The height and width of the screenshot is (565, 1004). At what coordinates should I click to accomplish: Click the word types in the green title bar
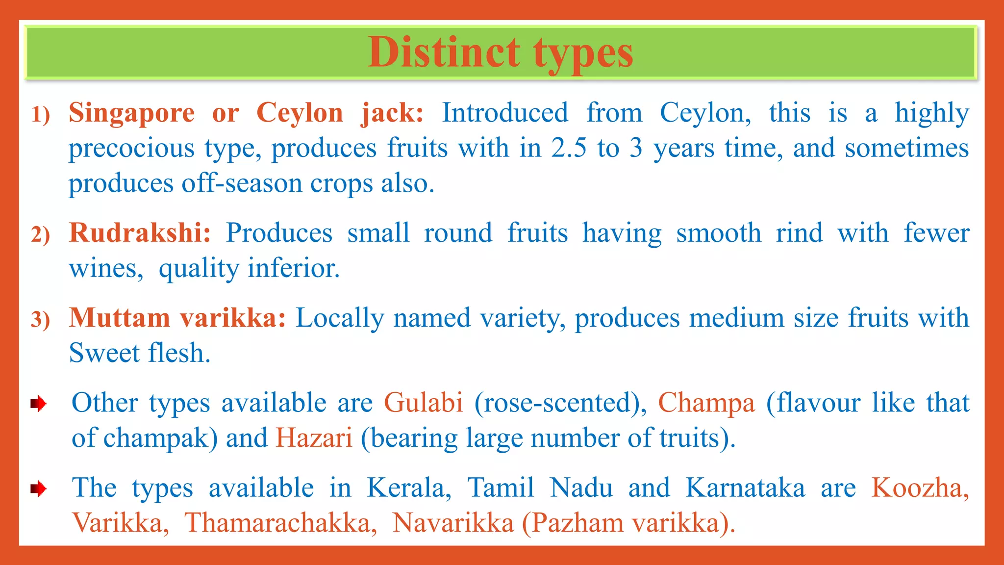pos(583,54)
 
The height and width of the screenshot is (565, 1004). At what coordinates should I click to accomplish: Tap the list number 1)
pos(41,114)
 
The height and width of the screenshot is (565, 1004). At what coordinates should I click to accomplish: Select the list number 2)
pos(41,234)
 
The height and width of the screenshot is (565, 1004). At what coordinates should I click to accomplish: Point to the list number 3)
pos(41,319)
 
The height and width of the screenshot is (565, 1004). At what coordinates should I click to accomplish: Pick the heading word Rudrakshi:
pos(140,232)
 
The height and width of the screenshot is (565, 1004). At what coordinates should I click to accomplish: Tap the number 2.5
pos(568,148)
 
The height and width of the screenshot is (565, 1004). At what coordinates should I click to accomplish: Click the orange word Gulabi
pos(423,403)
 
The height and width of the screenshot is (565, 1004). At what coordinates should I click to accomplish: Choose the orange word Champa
pos(706,403)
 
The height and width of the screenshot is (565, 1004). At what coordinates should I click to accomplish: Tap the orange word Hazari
pos(314,437)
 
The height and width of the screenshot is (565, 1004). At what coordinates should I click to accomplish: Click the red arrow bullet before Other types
pos(38,404)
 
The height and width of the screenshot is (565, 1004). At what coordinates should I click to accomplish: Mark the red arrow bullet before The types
pos(38,488)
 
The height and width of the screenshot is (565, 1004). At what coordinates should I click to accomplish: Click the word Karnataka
pos(745,488)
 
